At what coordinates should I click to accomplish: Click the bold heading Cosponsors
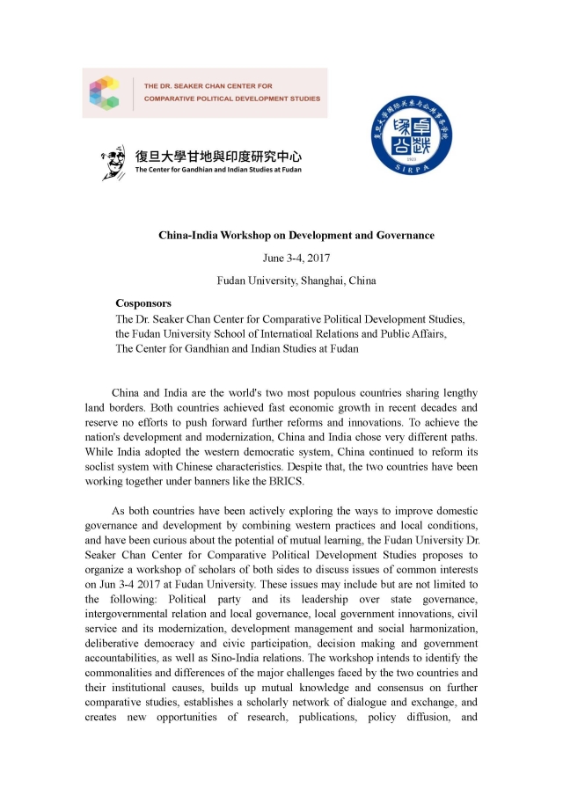coord(143,303)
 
